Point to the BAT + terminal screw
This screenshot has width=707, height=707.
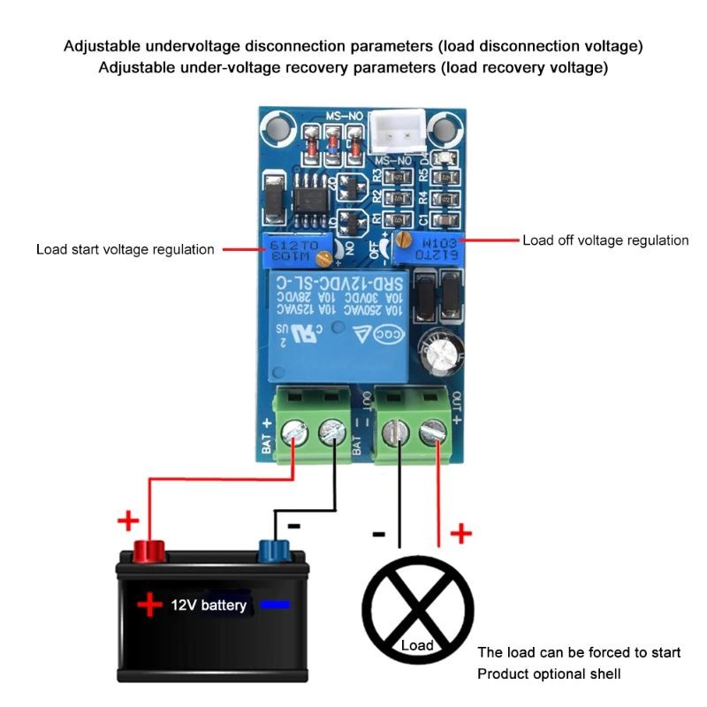(294, 433)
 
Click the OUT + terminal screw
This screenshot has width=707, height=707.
(433, 433)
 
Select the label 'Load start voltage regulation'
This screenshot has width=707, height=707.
(125, 250)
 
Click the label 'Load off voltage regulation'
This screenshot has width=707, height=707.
(605, 240)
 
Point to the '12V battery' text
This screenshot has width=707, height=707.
(209, 606)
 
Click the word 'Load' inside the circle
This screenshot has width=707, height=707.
(417, 645)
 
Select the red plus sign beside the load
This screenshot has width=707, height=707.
(461, 533)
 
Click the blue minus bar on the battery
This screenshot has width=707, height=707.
(277, 605)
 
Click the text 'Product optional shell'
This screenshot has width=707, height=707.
(549, 674)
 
